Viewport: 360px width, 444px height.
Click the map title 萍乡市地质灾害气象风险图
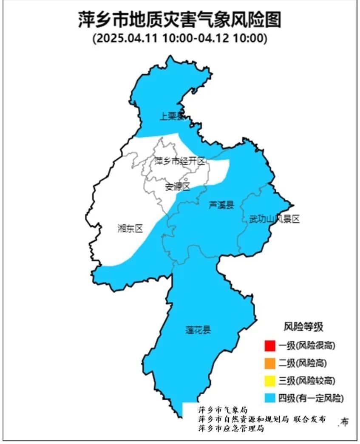(x=180, y=20)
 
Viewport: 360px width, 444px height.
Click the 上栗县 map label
(x=172, y=116)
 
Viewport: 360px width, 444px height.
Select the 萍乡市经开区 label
(x=179, y=161)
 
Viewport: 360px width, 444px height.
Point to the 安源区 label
(x=178, y=187)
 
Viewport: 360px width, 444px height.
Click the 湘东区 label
(x=130, y=228)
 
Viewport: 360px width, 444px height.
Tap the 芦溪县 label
(x=221, y=206)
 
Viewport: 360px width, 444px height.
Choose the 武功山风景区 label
(x=274, y=219)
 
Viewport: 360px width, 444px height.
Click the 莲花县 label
(x=198, y=330)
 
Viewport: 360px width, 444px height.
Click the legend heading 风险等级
(x=303, y=327)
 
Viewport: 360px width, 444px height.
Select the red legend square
(x=269, y=346)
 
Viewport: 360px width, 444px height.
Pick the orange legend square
(x=269, y=363)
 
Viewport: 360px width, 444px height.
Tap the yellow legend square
(x=269, y=381)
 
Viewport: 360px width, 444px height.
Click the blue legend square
(x=269, y=398)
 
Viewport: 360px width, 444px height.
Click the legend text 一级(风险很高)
(x=306, y=346)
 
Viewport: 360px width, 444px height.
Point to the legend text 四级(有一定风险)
(x=311, y=399)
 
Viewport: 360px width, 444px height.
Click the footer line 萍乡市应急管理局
(x=231, y=429)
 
